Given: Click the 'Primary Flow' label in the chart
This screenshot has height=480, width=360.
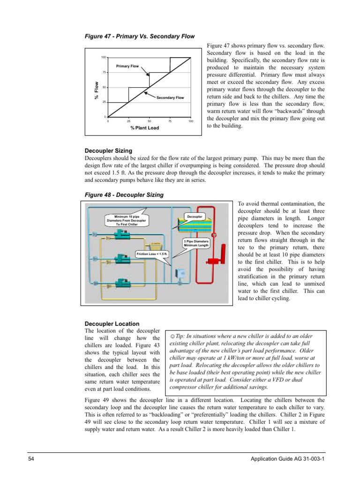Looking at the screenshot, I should [x=127, y=66].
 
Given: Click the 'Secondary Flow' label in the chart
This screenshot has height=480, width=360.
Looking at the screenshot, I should [x=170, y=97].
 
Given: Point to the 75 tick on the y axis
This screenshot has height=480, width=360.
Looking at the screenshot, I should [x=104, y=72].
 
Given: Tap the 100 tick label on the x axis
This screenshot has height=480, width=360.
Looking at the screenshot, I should [x=190, y=121].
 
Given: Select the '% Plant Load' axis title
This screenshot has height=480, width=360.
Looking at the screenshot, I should [x=144, y=128].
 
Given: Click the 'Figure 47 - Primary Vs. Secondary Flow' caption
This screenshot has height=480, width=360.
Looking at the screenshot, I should [x=139, y=36].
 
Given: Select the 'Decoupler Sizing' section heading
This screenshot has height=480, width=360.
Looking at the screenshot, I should [x=108, y=151].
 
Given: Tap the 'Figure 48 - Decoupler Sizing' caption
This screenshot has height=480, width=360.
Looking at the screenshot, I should [x=124, y=195].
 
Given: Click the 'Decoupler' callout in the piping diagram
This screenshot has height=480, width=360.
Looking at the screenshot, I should [x=195, y=217].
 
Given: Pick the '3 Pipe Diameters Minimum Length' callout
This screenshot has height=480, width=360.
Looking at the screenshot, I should [x=196, y=243].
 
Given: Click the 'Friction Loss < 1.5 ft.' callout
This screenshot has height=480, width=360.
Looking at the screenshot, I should [x=152, y=254].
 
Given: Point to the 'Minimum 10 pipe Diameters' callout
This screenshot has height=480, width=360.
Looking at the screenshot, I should [x=127, y=220].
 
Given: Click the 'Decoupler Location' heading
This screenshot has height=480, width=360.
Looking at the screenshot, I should [x=112, y=323].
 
